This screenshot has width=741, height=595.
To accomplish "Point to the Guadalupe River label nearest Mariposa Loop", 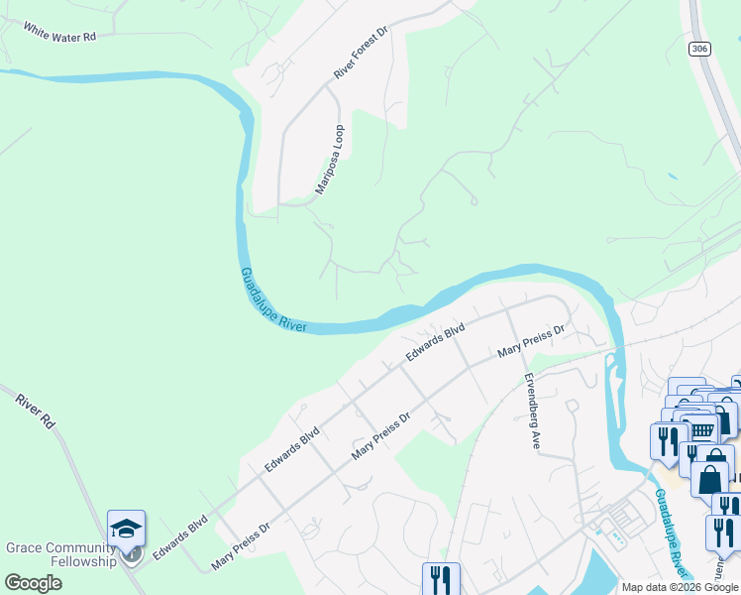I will pos(272,300).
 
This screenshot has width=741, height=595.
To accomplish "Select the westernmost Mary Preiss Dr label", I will pos(241,547).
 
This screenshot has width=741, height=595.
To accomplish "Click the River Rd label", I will pos(36,412).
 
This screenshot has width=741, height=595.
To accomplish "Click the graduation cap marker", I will pos(127,528).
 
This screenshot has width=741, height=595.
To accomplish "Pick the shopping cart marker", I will pos(702,429).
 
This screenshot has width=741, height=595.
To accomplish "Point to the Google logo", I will pos(34,583).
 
